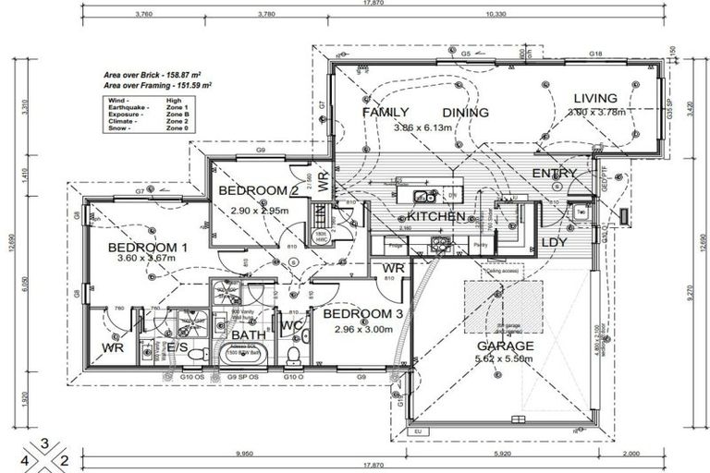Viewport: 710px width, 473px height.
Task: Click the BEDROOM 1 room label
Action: point(147,248)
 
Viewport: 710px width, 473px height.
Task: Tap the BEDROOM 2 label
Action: point(257,190)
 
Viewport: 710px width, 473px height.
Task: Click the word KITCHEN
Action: point(435,216)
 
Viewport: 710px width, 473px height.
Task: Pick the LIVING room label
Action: point(595,99)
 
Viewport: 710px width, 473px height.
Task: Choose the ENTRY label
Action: point(554,173)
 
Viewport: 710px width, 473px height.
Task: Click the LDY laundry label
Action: point(554,242)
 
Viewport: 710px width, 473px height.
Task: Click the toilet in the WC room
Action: point(294,355)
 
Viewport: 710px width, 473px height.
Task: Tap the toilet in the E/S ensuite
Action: point(147,351)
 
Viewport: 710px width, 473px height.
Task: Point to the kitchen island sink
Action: point(423,196)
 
